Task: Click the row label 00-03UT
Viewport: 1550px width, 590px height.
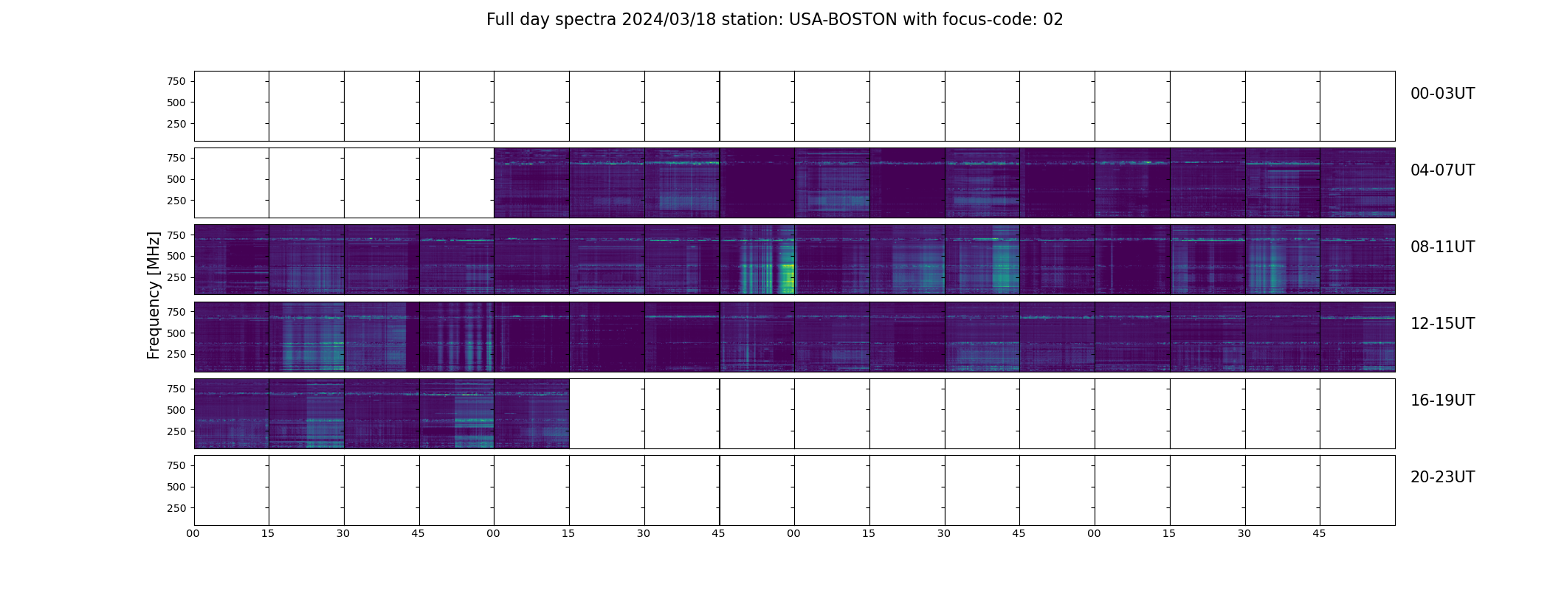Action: click(1442, 94)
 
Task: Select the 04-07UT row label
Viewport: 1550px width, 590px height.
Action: click(1442, 170)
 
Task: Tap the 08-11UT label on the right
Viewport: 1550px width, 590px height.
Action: click(1442, 247)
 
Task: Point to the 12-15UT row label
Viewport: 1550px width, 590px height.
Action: click(1442, 324)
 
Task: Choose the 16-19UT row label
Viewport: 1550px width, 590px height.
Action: click(1442, 400)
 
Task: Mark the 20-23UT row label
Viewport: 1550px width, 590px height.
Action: click(1442, 477)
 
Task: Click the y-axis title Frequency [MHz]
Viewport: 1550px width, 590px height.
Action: click(154, 295)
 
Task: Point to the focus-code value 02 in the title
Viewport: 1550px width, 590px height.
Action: click(1053, 20)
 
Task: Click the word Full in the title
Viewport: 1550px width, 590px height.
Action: click(498, 20)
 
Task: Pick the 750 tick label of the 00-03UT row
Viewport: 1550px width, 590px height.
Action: click(176, 81)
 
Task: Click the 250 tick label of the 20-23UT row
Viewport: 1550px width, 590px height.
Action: click(176, 508)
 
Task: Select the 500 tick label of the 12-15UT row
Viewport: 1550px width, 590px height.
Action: click(176, 333)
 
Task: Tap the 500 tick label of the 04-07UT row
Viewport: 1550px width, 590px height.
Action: click(176, 179)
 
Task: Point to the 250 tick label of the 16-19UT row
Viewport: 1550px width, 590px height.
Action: click(176, 431)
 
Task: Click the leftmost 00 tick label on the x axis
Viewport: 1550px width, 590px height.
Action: click(193, 533)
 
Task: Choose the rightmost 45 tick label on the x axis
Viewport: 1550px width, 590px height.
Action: click(1319, 533)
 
